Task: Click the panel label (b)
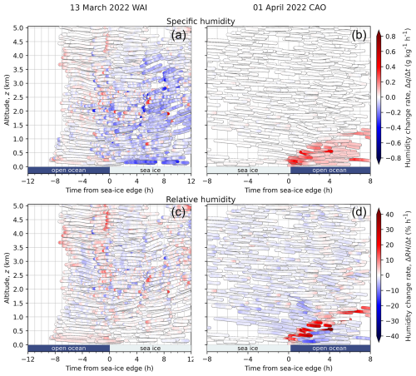pos(350,36)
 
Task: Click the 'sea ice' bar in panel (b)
pos(247,169)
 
